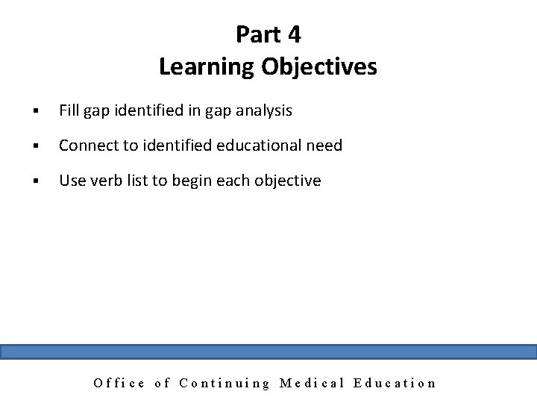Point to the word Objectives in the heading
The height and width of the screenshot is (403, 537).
(319, 68)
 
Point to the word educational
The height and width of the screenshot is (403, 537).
(258, 146)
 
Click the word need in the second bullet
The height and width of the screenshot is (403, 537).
(324, 146)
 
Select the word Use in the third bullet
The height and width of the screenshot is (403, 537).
(72, 181)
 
